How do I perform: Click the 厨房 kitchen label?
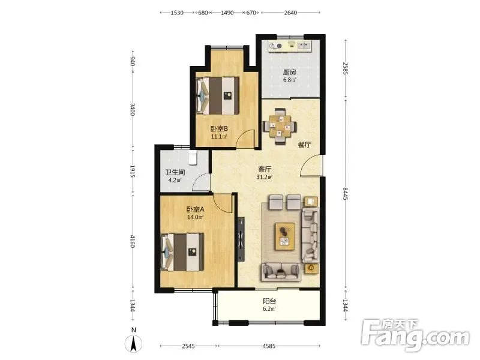289,73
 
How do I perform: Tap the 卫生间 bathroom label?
175,173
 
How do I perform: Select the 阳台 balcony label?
269,301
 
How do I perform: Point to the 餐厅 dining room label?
304,145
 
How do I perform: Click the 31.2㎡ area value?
265,177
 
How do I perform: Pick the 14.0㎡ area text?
196,217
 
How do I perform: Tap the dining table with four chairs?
280,126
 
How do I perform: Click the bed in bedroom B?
217,96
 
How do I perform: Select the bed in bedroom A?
182,252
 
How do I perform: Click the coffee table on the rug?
285,236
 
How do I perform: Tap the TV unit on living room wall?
241,239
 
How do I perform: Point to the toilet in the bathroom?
192,157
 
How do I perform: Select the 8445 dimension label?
346,194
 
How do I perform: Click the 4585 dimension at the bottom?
269,346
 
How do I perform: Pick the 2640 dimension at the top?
290,13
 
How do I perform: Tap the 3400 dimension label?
133,109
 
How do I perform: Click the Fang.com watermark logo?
415,335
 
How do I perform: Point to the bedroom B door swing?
245,139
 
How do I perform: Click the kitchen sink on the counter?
304,46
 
